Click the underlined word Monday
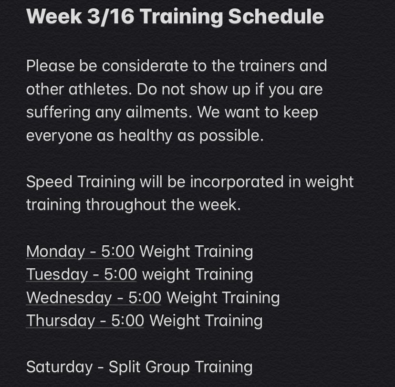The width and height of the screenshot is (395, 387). (x=55, y=251)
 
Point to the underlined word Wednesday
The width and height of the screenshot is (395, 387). (x=69, y=298)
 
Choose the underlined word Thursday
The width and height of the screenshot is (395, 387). (x=60, y=321)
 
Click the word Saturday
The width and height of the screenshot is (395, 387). (x=59, y=366)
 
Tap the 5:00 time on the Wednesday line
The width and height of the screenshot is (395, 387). (x=145, y=298)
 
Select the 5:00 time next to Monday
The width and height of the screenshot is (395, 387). (x=118, y=251)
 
